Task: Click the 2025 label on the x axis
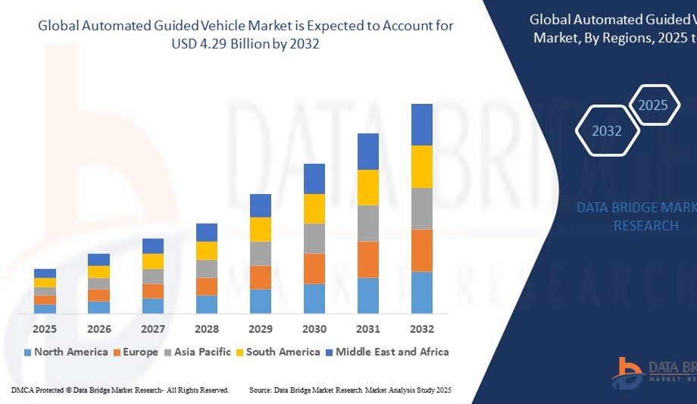coord(45,329)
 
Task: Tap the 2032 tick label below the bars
coord(422,329)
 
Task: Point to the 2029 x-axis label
coord(261,329)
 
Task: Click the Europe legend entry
coord(136,352)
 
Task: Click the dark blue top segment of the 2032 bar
coord(422,124)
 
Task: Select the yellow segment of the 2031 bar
coord(368,187)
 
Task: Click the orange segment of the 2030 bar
coord(314,268)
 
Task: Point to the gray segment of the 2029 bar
coord(261,253)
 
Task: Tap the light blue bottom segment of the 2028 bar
coord(207,304)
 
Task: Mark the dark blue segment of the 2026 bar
coord(98,259)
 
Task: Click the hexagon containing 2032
coord(607,131)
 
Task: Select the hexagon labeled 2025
coord(653,105)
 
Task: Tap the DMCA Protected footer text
coord(120,390)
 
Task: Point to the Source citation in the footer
coord(350,390)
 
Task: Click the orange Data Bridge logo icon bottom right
coord(629,370)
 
